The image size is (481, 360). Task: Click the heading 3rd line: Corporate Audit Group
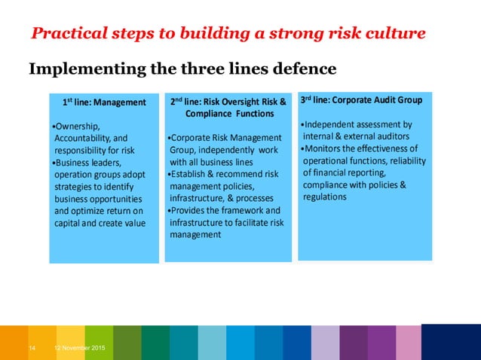[361, 99]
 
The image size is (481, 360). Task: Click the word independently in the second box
[225, 149]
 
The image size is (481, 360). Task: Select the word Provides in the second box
[190, 211]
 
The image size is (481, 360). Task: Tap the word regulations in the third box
[325, 197]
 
